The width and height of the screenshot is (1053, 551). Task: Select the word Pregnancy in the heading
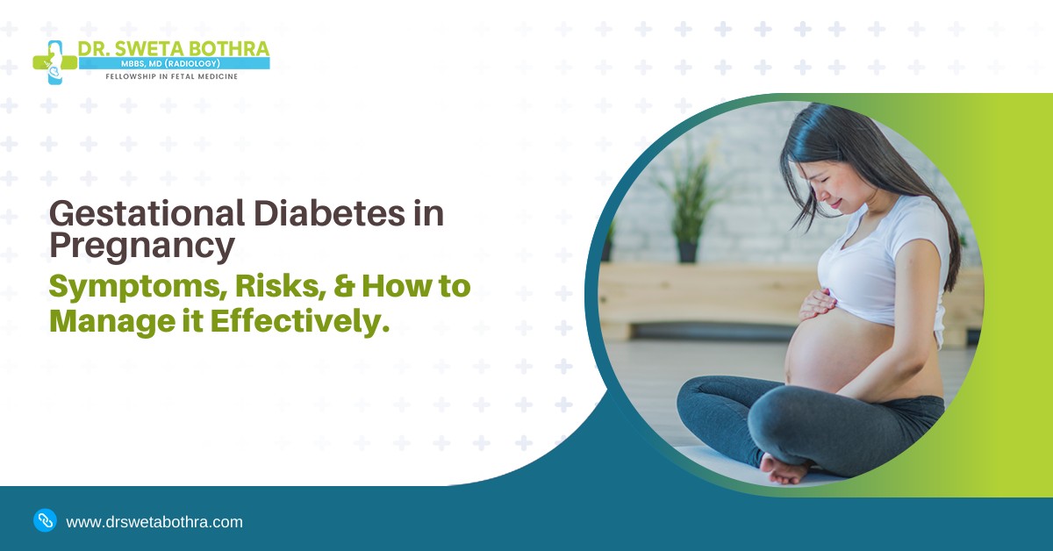(141, 247)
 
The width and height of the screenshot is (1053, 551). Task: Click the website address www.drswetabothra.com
(154, 522)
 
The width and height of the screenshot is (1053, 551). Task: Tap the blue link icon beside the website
(45, 520)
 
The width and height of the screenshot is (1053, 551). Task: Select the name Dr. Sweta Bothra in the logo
(174, 47)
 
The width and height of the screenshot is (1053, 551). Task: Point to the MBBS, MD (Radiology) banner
(174, 64)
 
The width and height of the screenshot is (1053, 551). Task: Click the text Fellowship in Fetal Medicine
(171, 77)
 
